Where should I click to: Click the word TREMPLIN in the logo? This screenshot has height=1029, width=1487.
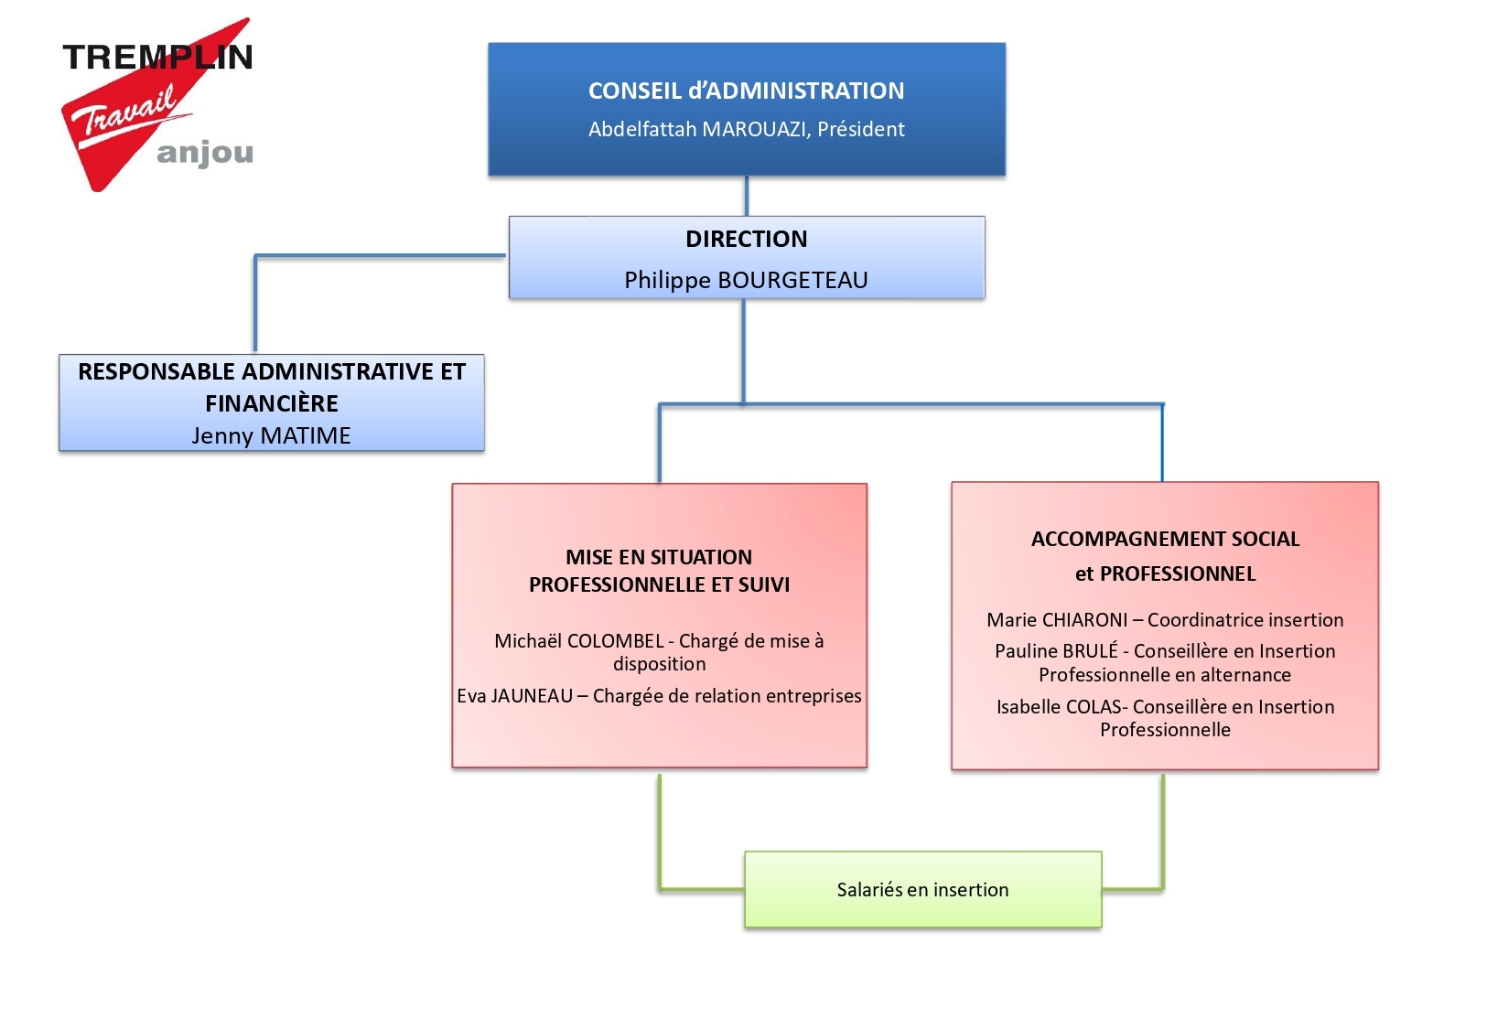(157, 57)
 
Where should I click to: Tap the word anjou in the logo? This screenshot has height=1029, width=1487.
(205, 152)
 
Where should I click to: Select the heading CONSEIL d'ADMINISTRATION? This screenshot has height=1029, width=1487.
(746, 91)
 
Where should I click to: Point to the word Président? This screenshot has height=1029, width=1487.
(860, 129)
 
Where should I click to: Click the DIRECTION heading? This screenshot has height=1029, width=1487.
(746, 239)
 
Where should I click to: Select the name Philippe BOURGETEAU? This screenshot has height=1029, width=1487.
(746, 280)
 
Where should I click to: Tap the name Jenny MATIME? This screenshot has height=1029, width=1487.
(271, 435)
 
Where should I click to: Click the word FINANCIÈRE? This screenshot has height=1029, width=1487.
(271, 403)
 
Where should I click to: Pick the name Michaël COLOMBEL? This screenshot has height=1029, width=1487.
(578, 641)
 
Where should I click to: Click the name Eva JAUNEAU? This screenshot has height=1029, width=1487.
(514, 696)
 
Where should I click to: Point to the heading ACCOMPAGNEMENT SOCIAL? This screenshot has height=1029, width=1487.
(1165, 539)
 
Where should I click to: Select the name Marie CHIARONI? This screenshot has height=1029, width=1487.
(1057, 620)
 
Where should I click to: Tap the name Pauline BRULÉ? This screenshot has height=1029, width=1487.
(1056, 651)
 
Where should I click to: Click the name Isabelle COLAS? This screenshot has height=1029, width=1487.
(1061, 707)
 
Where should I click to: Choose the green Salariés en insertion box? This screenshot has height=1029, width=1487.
(922, 890)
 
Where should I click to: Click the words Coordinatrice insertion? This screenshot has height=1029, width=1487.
(1245, 620)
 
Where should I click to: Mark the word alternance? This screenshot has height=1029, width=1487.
(1246, 675)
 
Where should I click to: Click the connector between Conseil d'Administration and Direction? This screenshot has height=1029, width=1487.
(747, 196)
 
